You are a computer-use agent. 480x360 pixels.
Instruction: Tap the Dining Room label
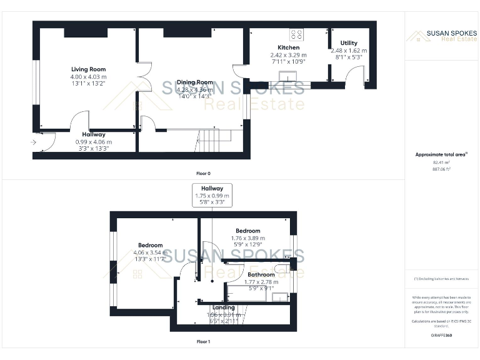pyautogui.click(x=196, y=82)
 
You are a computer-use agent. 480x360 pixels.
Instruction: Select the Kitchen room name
pyautogui.click(x=288, y=47)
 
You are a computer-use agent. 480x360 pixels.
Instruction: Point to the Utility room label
pyautogui.click(x=349, y=43)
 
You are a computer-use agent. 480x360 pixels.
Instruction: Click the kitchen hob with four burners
pyautogui.click(x=296, y=34)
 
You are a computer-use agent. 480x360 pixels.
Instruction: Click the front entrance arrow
pyautogui.click(x=33, y=142)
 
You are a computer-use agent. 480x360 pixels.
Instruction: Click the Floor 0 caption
pyautogui.click(x=203, y=172)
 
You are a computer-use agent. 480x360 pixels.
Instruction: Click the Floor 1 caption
pyautogui.click(x=203, y=342)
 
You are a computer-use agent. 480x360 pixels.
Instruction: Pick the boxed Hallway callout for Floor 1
pyautogui.click(x=212, y=195)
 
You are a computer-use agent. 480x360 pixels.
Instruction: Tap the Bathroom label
pyautogui.click(x=261, y=274)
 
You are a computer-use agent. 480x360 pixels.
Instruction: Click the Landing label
pyautogui.click(x=224, y=307)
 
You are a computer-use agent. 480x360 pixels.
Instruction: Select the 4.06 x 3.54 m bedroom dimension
pyautogui.click(x=150, y=252)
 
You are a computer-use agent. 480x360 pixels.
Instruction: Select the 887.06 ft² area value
pyautogui.click(x=441, y=169)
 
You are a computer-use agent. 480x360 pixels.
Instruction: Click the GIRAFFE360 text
pyautogui.click(x=441, y=336)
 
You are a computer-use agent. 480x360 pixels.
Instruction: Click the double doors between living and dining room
pyautogui.click(x=143, y=77)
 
